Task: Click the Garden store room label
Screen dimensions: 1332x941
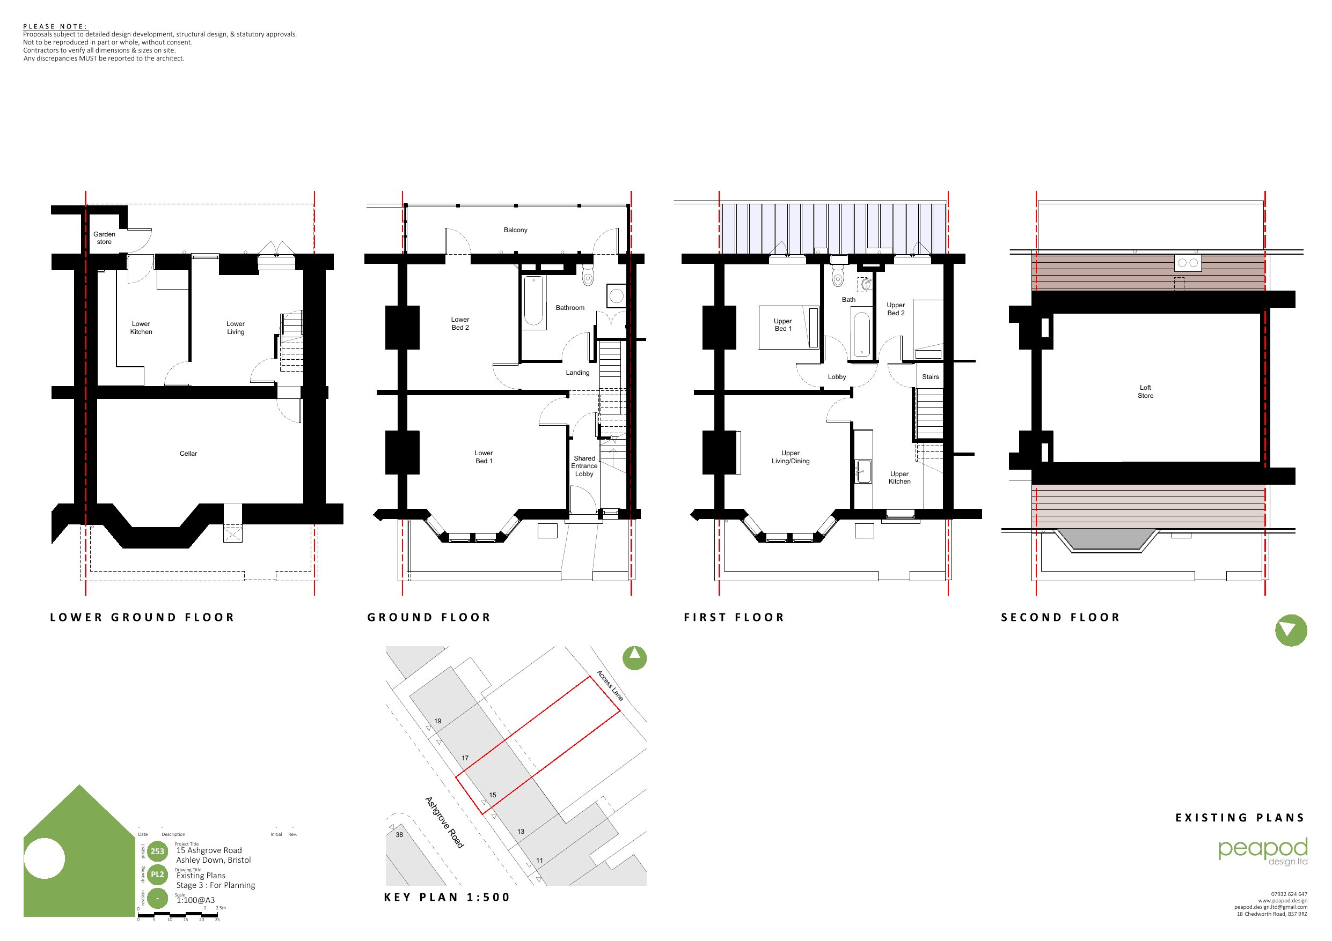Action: click(x=105, y=238)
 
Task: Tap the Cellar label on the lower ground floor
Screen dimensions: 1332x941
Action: click(x=188, y=454)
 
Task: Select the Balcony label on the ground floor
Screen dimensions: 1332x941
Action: click(x=515, y=230)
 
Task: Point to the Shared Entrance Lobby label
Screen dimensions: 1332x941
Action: click(x=584, y=466)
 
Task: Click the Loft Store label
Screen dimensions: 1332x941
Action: click(x=1145, y=391)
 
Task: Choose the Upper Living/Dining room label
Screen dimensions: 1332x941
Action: click(x=790, y=457)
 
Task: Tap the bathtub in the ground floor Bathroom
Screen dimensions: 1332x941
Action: click(x=534, y=301)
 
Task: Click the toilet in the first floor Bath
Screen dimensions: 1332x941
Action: click(x=838, y=276)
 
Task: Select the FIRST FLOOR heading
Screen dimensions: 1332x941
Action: click(x=734, y=618)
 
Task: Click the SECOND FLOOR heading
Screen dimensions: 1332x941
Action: click(x=1060, y=618)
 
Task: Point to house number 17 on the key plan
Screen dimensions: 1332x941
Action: click(x=465, y=758)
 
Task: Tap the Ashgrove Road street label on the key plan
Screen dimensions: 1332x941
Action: click(x=444, y=822)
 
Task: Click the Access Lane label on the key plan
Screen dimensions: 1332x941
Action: click(x=610, y=685)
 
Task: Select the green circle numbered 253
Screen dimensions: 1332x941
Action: click(x=157, y=851)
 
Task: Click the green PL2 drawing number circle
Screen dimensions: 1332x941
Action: click(x=157, y=875)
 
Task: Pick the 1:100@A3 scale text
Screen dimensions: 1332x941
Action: click(x=195, y=900)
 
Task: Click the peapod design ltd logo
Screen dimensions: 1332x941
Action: click(x=1263, y=851)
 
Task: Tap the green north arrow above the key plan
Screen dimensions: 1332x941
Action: click(x=635, y=658)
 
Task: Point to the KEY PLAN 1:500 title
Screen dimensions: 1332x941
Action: click(x=447, y=898)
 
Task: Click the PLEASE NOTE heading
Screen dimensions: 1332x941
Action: click(x=55, y=26)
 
